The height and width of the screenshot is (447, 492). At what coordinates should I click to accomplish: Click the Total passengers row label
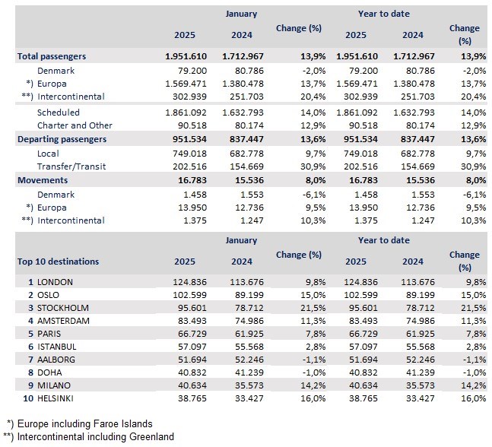pyautogui.click(x=52, y=56)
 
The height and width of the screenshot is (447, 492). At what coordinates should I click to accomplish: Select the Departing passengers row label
pyautogui.click(x=62, y=139)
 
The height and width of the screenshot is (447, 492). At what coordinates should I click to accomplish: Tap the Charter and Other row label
pyautogui.click(x=75, y=125)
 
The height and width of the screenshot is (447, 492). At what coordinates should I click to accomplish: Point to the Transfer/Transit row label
pyautogui.click(x=71, y=166)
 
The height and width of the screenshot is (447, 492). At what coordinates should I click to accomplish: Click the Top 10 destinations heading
pyautogui.click(x=58, y=262)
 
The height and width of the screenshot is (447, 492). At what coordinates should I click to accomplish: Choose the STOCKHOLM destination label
pyautogui.click(x=63, y=308)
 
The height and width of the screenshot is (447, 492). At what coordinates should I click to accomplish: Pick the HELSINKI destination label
pyautogui.click(x=56, y=398)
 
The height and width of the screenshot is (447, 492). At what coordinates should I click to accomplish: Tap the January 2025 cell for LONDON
pyautogui.click(x=190, y=282)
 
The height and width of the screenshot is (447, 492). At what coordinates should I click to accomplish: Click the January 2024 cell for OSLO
pyautogui.click(x=249, y=295)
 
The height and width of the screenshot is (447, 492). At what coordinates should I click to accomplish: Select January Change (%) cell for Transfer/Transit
pyautogui.click(x=313, y=166)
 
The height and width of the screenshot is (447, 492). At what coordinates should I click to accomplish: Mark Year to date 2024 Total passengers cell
pyautogui.click(x=414, y=56)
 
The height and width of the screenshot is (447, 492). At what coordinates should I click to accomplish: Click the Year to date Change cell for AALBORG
pyautogui.click(x=475, y=360)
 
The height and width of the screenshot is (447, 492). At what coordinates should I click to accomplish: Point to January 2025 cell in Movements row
pyautogui.click(x=192, y=180)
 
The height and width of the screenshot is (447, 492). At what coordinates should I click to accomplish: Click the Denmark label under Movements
pyautogui.click(x=56, y=195)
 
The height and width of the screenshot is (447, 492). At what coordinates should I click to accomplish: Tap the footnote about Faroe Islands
pyautogui.click(x=79, y=423)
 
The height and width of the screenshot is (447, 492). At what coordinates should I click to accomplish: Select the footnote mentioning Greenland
pyautogui.click(x=88, y=436)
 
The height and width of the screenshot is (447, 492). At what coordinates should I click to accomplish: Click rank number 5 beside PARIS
pyautogui.click(x=30, y=334)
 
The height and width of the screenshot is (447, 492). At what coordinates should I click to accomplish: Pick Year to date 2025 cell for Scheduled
pyautogui.click(x=357, y=113)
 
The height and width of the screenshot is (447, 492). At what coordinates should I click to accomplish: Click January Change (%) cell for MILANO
pyautogui.click(x=313, y=385)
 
